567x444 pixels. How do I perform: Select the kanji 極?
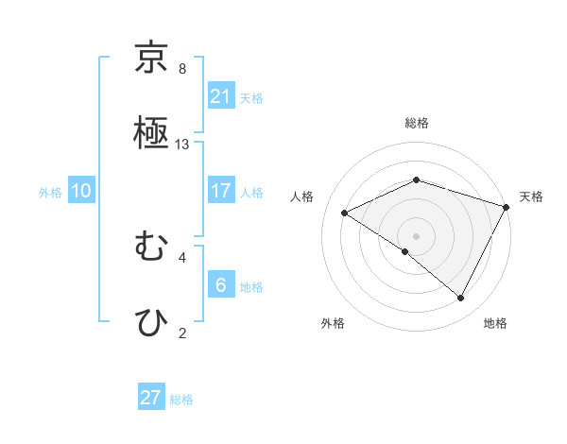(x=152, y=131)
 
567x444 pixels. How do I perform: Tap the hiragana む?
(x=152, y=248)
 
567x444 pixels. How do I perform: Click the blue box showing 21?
(x=221, y=96)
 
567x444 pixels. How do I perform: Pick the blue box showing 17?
(x=221, y=191)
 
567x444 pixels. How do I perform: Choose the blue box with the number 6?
(x=221, y=284)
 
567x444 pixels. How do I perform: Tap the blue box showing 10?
(x=81, y=191)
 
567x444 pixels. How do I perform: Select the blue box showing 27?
(x=151, y=398)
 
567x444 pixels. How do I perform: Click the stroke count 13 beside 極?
(x=182, y=145)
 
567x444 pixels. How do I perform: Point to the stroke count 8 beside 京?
(x=182, y=69)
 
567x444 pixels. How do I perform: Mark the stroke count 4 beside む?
(x=182, y=256)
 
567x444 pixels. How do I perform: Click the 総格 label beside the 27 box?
(x=181, y=400)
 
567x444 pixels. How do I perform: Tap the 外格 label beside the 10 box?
(x=50, y=193)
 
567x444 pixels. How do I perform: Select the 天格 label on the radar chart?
(x=531, y=196)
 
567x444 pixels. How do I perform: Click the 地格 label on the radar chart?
(x=495, y=323)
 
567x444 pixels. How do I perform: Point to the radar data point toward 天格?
(x=507, y=206)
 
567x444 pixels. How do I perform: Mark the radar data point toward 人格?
(x=345, y=213)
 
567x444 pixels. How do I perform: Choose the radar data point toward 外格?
(x=405, y=251)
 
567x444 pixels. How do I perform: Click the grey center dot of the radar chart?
(x=417, y=235)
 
